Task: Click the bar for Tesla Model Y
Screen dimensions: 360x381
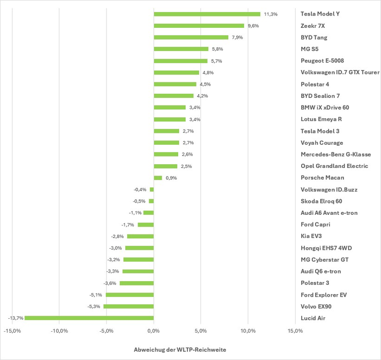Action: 207,14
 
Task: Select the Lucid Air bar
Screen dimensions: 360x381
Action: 89,318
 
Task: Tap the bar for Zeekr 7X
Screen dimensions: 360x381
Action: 199,26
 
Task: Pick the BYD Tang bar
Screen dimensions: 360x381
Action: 191,37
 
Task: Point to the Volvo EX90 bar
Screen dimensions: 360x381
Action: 129,306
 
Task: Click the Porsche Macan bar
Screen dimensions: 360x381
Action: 158,178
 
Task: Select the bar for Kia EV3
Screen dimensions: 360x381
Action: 141,236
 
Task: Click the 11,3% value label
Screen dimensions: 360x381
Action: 270,14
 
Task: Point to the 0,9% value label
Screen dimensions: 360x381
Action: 171,178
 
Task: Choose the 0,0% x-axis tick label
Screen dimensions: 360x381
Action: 154,331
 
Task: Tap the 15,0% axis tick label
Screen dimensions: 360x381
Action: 295,331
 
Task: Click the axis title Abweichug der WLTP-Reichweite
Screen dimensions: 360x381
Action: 179,350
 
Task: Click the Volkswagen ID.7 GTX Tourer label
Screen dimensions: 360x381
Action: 340,72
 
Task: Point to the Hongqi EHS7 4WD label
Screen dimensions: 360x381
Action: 326,248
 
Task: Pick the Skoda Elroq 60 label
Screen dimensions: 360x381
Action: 321,201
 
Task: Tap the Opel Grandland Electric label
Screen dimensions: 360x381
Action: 334,166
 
